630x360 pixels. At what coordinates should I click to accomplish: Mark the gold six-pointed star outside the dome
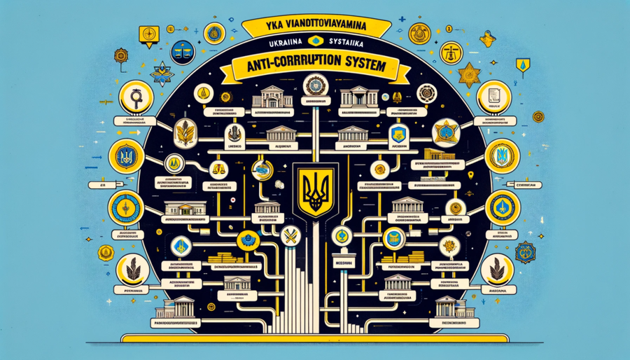click(x=467, y=76)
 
